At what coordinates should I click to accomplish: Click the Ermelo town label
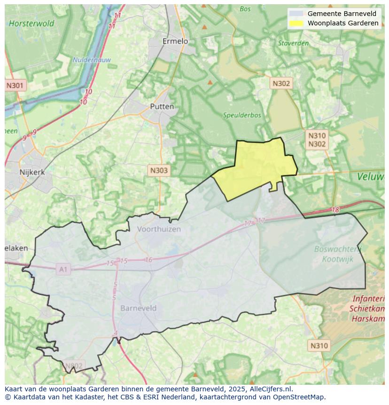175,41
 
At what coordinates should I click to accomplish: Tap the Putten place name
162,106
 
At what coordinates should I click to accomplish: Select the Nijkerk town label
32,172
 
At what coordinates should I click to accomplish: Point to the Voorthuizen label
159,229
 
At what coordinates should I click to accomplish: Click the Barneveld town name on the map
139,308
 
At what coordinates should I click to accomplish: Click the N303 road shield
158,170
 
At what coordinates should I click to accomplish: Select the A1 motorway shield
62,269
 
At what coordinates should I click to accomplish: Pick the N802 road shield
73,365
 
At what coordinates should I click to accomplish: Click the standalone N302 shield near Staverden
281,83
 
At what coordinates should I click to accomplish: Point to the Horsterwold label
31,23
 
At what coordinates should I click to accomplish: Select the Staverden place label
293,43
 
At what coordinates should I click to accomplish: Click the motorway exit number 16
148,260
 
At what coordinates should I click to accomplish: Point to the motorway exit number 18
335,210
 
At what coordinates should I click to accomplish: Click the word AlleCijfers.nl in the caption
269,389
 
